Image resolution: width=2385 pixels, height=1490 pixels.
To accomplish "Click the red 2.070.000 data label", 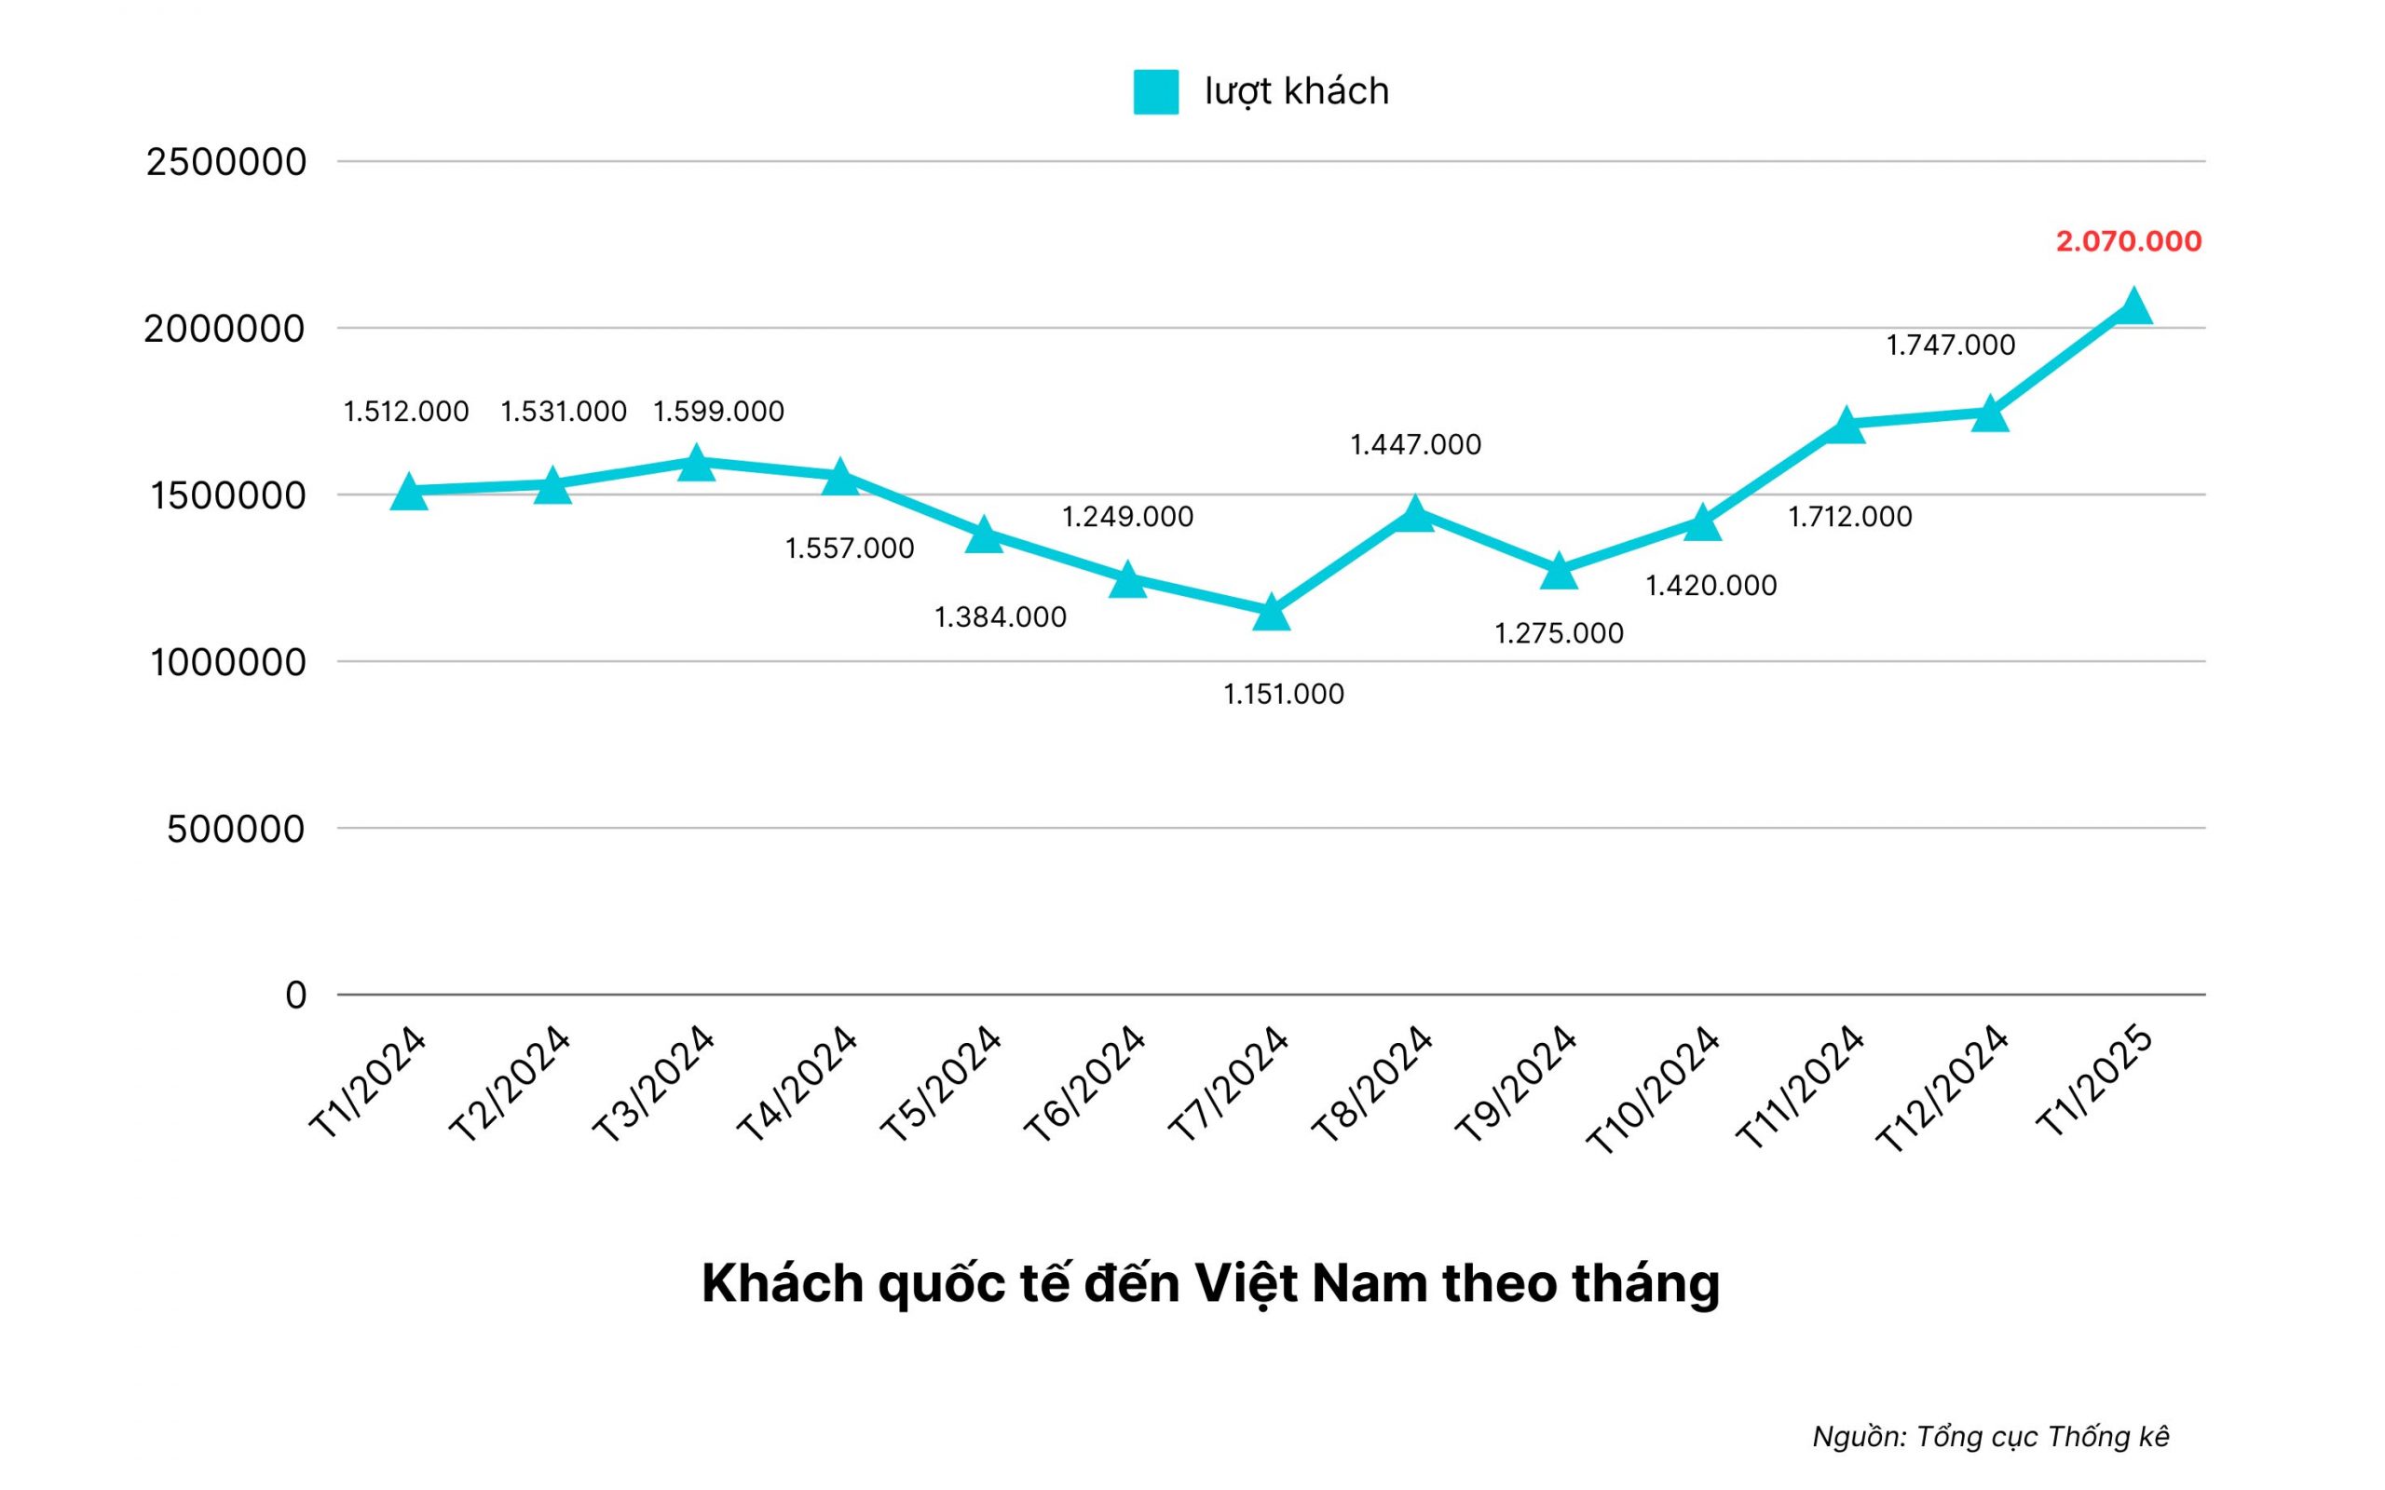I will click(x=2128, y=241).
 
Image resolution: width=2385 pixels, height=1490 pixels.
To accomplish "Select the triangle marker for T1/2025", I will click(x=2133, y=306).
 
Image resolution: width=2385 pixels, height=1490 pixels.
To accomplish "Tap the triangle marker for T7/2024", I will click(x=1272, y=613).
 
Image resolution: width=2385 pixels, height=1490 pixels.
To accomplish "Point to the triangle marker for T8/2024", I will click(x=1415, y=513).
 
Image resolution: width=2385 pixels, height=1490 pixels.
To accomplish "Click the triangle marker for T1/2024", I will click(x=410, y=493).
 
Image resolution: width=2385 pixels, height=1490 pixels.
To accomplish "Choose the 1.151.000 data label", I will click(x=1283, y=695).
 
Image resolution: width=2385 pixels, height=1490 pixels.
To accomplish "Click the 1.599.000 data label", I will click(x=718, y=411).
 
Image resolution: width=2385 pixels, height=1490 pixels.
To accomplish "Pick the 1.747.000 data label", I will click(x=1950, y=345).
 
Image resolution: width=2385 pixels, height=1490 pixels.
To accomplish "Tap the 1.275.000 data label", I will click(x=1558, y=632).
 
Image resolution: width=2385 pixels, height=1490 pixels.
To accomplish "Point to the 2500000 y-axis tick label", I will click(x=226, y=162).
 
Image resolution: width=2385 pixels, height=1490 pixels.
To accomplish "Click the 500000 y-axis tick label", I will click(x=237, y=829).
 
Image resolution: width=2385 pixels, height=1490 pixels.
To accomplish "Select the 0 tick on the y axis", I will click(x=295, y=996).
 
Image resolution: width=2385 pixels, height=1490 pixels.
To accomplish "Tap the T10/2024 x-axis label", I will click(x=1653, y=1090).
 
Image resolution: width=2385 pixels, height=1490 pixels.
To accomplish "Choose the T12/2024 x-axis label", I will click(x=1942, y=1090).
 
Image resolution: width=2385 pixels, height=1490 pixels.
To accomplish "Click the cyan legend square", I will click(x=1155, y=91).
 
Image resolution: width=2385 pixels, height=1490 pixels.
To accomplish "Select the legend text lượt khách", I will click(x=1296, y=91).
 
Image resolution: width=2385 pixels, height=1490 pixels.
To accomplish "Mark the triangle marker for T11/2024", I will click(x=1846, y=426).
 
